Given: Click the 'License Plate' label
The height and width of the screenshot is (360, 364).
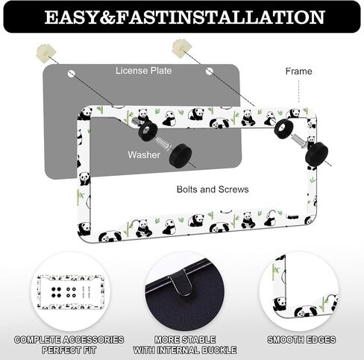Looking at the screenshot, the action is tap(143, 71).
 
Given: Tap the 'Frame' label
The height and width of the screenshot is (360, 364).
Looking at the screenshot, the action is tap(298, 72).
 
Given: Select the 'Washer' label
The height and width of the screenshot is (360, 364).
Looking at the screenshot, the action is tap(144, 155).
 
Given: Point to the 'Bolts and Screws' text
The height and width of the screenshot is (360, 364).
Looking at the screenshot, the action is tap(213, 189).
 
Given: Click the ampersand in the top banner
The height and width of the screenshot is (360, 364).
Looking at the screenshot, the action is tap(107, 17).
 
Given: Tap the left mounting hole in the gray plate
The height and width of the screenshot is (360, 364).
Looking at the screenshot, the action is tap(72, 74).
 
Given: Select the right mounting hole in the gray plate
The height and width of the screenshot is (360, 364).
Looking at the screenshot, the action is tap(210, 72).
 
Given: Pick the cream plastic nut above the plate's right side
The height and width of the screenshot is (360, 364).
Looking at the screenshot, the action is tap(181, 48).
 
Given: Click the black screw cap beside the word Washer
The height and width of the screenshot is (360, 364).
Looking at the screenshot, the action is tap(181, 156).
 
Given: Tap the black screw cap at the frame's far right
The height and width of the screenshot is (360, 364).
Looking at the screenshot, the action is tap(316, 154).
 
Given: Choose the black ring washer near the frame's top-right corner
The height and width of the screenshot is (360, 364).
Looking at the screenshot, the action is tap(283, 129).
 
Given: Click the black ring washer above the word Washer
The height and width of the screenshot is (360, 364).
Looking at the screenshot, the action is tap(148, 131).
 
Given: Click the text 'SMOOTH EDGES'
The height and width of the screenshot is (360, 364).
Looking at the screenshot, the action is tap(301, 340).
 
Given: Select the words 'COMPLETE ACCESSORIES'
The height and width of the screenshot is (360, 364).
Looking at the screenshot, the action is tap(69, 340).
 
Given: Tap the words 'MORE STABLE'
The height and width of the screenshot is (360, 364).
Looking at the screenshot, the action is tap(185, 340).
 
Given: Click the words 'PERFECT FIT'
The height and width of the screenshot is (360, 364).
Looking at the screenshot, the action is tap(69, 350).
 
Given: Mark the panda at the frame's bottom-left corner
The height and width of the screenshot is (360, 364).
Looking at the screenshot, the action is tap(84, 229).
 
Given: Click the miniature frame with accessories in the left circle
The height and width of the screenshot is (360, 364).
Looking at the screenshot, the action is tap(71, 292).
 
